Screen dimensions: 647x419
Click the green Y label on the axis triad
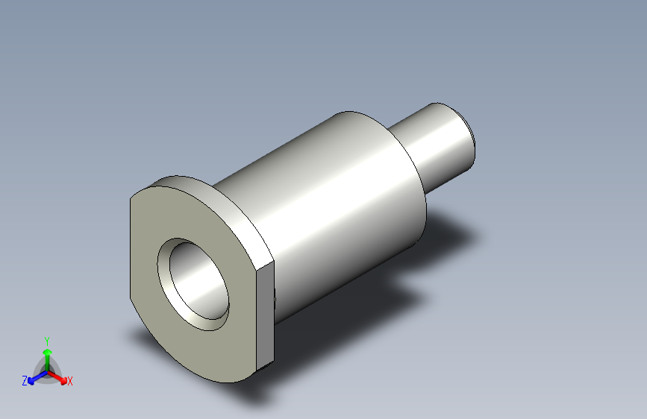[x=47, y=341]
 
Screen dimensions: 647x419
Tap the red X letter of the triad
[x=69, y=381]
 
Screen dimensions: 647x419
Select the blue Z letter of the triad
[x=25, y=381]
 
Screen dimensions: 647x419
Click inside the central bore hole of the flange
[x=198, y=281]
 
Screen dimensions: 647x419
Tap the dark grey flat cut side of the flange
[x=265, y=315]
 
